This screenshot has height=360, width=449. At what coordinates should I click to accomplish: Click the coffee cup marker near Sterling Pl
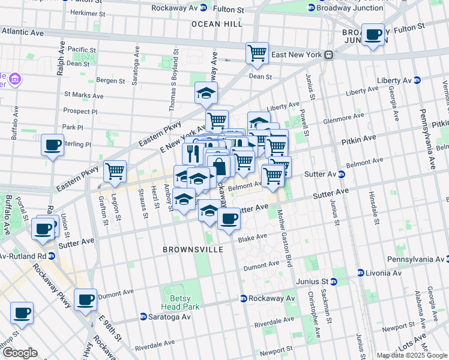click(53, 144)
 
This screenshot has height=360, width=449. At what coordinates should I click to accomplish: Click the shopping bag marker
click(220, 167)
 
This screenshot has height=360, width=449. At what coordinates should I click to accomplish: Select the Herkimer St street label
click(88, 12)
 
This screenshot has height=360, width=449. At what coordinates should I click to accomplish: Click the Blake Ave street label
click(252, 238)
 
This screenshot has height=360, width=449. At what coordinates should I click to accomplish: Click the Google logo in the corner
click(20, 353)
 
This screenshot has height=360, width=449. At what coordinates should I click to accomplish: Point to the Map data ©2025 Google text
click(411, 355)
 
